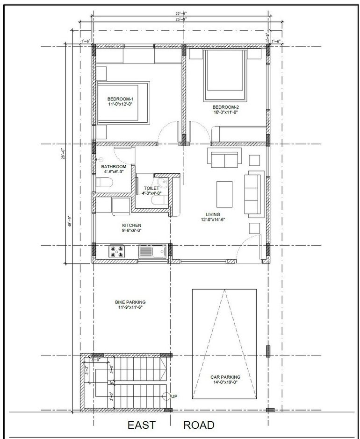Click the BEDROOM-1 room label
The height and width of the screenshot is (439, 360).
pyautogui.click(x=120, y=99)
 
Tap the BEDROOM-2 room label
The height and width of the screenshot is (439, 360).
pyautogui.click(x=226, y=107)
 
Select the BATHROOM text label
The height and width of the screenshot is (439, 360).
pyautogui.click(x=114, y=167)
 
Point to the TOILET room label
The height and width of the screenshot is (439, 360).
pyautogui.click(x=151, y=188)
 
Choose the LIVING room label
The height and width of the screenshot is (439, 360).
pyautogui.click(x=213, y=214)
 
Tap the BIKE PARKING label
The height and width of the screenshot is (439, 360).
pyautogui.click(x=130, y=302)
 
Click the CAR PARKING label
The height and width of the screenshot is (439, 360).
pyautogui.click(x=224, y=376)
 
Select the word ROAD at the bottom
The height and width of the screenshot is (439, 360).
pyautogui.click(x=199, y=425)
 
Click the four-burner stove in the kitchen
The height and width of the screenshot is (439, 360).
pyautogui.click(x=117, y=252)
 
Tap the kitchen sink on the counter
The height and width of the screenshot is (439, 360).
pyautogui.click(x=152, y=252)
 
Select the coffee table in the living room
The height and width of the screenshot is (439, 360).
pyautogui.click(x=224, y=192)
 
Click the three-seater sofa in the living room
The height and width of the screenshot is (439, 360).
pyautogui.click(x=254, y=193)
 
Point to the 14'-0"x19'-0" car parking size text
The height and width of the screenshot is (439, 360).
pyautogui.click(x=224, y=382)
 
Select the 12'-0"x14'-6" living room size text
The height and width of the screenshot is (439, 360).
pyautogui.click(x=213, y=219)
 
